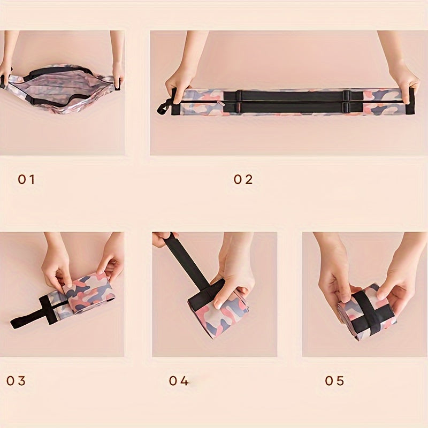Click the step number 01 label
coord(26,180)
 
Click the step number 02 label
coord(243,180)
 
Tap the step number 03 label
coord(16,381)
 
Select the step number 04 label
coord(179,381)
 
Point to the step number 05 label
coord(334,381)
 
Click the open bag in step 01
coord(62,88)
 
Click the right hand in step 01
coord(118,70)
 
